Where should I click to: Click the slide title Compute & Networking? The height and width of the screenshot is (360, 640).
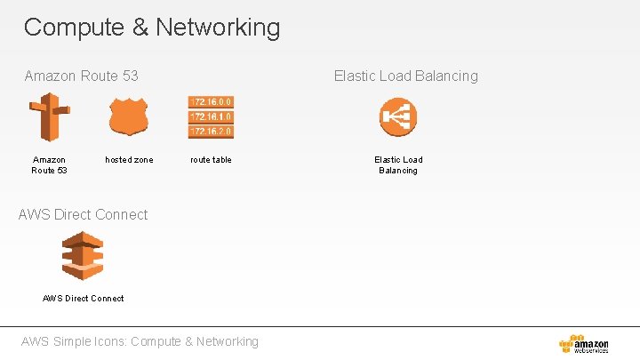point(151,28)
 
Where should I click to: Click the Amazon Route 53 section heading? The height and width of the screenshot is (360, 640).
point(81,76)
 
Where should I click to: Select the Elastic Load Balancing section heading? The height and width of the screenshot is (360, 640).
point(405,76)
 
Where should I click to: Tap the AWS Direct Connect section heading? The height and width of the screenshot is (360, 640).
point(83,214)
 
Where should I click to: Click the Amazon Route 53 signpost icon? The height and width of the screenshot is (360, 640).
point(49,116)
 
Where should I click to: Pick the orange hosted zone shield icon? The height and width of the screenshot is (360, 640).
point(129,116)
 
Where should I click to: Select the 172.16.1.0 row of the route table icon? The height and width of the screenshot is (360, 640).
point(211,116)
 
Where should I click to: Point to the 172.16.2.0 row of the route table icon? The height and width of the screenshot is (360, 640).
point(211,131)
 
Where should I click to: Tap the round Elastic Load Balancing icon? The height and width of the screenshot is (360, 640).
point(397,116)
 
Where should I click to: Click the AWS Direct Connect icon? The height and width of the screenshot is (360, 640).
point(83,256)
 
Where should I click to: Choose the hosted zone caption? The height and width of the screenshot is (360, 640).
point(129,160)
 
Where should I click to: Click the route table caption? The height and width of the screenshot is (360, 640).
point(211,160)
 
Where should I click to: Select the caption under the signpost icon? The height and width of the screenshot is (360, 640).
point(49,165)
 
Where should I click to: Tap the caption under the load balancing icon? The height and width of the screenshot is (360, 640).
point(397,165)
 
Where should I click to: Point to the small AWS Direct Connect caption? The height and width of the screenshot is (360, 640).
point(84,298)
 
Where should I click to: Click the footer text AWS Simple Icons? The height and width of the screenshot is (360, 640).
point(140,341)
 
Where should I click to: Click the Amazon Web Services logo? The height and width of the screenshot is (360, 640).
point(584,344)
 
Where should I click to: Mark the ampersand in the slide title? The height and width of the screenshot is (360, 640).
point(140,28)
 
